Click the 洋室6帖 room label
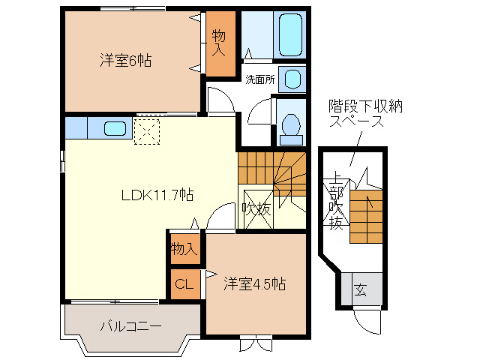125,61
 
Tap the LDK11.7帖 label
158,194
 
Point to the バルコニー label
130,326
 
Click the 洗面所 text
259,78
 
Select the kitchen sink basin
115,127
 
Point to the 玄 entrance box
361,289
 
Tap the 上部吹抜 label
335,202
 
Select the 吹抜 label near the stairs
256,208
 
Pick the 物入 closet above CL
184,247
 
